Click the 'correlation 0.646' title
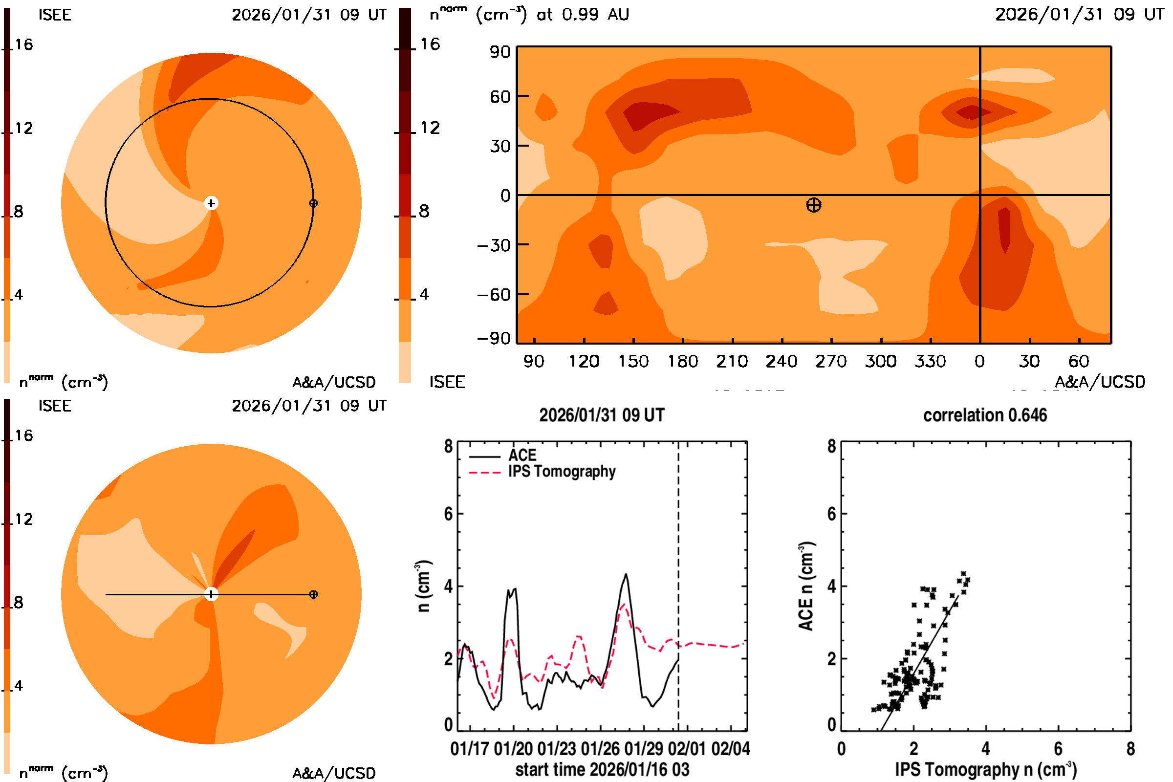click(984, 415)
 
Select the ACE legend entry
click(521, 456)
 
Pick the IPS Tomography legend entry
click(562, 471)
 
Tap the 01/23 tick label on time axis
click(557, 749)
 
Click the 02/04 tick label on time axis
click(731, 749)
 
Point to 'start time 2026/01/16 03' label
click(602, 769)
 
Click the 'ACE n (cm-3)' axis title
click(806, 586)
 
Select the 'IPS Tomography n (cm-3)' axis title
click(985, 769)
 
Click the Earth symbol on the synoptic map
click(813, 205)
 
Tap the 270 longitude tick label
click(831, 361)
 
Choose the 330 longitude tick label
click(930, 361)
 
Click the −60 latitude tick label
click(494, 295)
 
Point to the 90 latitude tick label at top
click(500, 52)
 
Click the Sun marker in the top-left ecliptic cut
click(212, 203)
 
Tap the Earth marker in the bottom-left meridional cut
click(313, 594)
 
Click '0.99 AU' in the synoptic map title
click(595, 15)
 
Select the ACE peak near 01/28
click(626, 575)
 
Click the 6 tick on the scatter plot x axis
click(1058, 749)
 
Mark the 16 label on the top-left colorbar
click(23, 44)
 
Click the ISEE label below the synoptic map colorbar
click(447, 382)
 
